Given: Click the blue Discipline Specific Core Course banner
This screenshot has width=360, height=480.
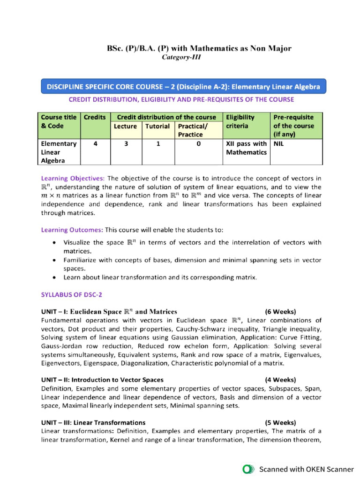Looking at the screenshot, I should point(183,87).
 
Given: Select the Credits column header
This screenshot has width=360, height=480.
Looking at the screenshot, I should point(95,117).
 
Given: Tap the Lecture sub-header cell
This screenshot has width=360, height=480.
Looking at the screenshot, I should point(125,126).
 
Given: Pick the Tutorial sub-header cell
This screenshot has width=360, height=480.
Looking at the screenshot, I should point(157,126).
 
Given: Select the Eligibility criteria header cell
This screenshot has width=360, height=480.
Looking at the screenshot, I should point(240,121).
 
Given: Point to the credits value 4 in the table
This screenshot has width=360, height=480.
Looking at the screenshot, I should point(95,144).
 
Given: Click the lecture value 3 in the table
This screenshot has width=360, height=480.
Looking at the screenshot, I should point(126,144).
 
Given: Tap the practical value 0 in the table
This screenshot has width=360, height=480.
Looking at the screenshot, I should point(198,144).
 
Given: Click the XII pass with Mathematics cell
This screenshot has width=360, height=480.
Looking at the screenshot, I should point(246,148).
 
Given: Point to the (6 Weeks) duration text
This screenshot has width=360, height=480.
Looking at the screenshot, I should point(280,311).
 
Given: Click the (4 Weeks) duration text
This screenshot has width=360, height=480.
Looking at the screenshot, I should point(280,380).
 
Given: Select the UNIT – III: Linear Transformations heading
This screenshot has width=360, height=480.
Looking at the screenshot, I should point(93,422).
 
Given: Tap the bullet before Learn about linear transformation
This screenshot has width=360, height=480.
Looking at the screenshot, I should point(55,277).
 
